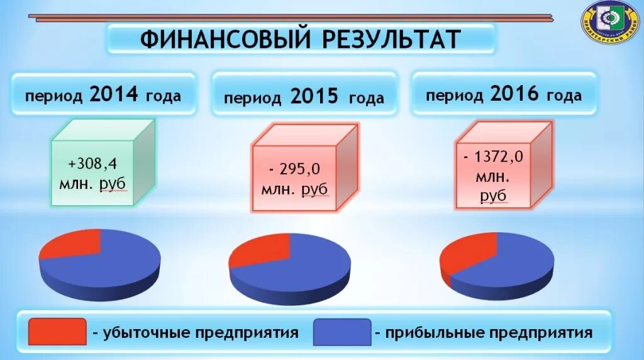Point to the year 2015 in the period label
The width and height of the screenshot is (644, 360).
point(314,97)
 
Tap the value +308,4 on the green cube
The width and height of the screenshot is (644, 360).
point(92,164)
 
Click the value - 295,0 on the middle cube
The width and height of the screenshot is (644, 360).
point(294,169)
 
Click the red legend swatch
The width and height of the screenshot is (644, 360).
point(57,331)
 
